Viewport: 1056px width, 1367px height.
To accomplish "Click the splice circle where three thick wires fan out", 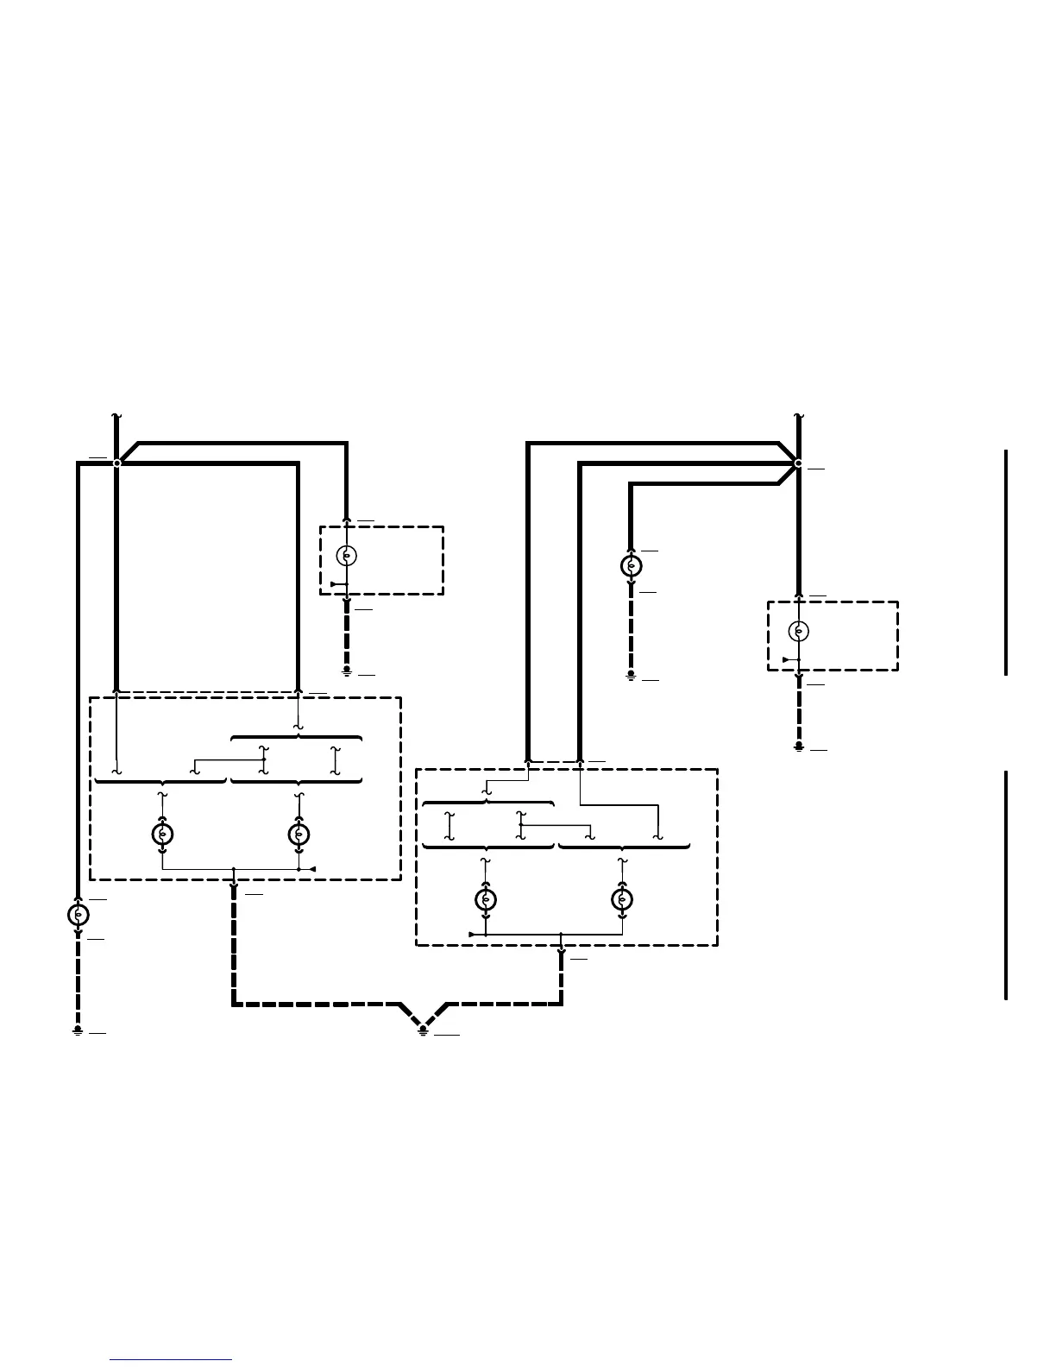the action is (798, 463).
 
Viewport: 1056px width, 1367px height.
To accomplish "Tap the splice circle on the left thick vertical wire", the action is (116, 463).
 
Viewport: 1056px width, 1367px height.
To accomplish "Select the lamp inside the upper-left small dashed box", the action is (346, 555).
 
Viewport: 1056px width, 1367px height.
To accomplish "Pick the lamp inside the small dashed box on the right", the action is (799, 631).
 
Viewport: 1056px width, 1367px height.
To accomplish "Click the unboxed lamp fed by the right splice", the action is (631, 566).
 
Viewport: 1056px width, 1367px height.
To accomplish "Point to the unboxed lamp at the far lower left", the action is (78, 914).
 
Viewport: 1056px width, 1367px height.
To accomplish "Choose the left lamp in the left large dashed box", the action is (162, 835).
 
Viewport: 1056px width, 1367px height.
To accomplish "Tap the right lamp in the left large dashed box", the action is (299, 835).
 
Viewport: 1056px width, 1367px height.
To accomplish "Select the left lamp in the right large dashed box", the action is (486, 900).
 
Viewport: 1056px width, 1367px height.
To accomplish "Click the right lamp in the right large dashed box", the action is (622, 900).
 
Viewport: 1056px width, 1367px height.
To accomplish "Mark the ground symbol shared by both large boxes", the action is (423, 1029).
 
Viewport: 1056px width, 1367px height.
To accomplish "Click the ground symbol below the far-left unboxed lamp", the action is (78, 1030).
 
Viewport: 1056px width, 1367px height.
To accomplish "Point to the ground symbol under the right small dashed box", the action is (799, 746).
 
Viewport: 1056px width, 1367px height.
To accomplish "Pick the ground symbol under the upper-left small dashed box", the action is (346, 671).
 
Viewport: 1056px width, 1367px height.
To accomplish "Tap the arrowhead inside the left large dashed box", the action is (313, 869).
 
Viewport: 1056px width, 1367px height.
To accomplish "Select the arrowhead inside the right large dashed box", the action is (471, 935).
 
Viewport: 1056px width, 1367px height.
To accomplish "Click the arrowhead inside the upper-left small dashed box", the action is (334, 584).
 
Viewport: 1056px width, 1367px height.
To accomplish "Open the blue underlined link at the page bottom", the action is (171, 1361).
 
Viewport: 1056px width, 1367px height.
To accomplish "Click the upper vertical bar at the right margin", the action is (1006, 562).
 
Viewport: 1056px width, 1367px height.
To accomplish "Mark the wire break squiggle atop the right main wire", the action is (799, 416).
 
